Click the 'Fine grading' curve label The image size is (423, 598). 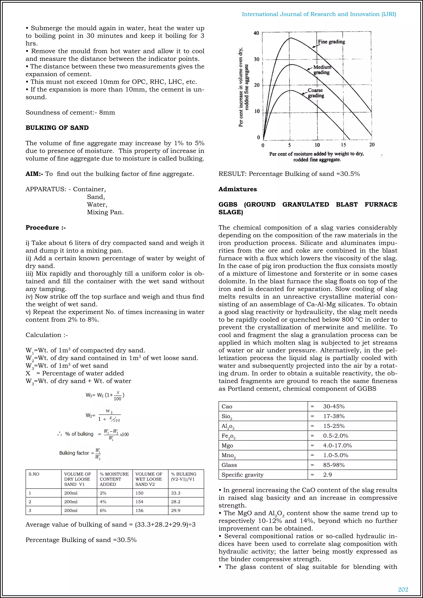pos(331,42)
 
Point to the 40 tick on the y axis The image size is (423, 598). pos(256,33)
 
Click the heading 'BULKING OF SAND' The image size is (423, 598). pos(57,128)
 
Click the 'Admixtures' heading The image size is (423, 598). pos(238,189)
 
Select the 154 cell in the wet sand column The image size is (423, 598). pos(139,502)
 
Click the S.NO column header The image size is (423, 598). pos(34,474)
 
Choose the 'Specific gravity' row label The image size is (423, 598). pos(242,475)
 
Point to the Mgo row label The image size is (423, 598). pos(227,445)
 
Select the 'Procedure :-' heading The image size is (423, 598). pos(46,228)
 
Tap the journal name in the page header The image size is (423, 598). pos(319,14)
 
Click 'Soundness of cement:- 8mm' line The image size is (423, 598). pos(70,113)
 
